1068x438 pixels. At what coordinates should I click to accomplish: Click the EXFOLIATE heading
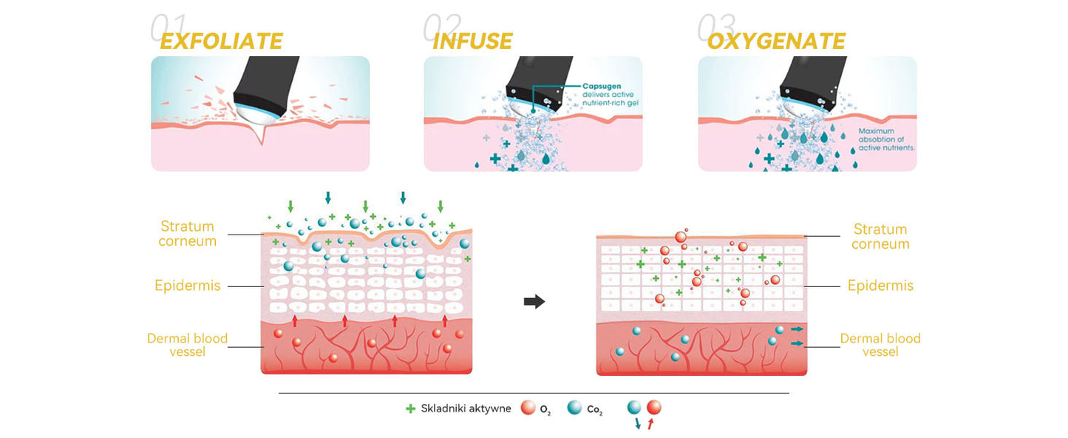(221, 41)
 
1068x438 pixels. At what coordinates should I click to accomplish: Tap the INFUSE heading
(472, 41)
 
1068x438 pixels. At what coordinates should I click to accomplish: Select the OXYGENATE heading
(776, 41)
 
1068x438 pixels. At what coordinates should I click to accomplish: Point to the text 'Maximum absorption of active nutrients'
(886, 139)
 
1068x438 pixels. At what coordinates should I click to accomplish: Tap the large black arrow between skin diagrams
(534, 301)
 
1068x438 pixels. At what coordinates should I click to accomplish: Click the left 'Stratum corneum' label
(188, 233)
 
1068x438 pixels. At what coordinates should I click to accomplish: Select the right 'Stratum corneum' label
(880, 236)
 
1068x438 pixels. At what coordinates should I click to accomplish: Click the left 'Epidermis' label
(188, 286)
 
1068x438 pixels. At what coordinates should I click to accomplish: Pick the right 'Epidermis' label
(880, 286)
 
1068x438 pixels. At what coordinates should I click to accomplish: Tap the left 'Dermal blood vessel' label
(188, 345)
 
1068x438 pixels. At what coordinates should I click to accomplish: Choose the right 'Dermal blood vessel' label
(880, 345)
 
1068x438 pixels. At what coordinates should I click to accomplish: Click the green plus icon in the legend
(411, 408)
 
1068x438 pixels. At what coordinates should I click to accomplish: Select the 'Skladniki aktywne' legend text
(466, 408)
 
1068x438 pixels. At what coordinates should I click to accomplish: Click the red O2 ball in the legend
(528, 408)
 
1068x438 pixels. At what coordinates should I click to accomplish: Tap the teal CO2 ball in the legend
(574, 408)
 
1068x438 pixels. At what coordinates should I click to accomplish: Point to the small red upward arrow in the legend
(650, 424)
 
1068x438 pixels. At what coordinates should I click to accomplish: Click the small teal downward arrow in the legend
(637, 424)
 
